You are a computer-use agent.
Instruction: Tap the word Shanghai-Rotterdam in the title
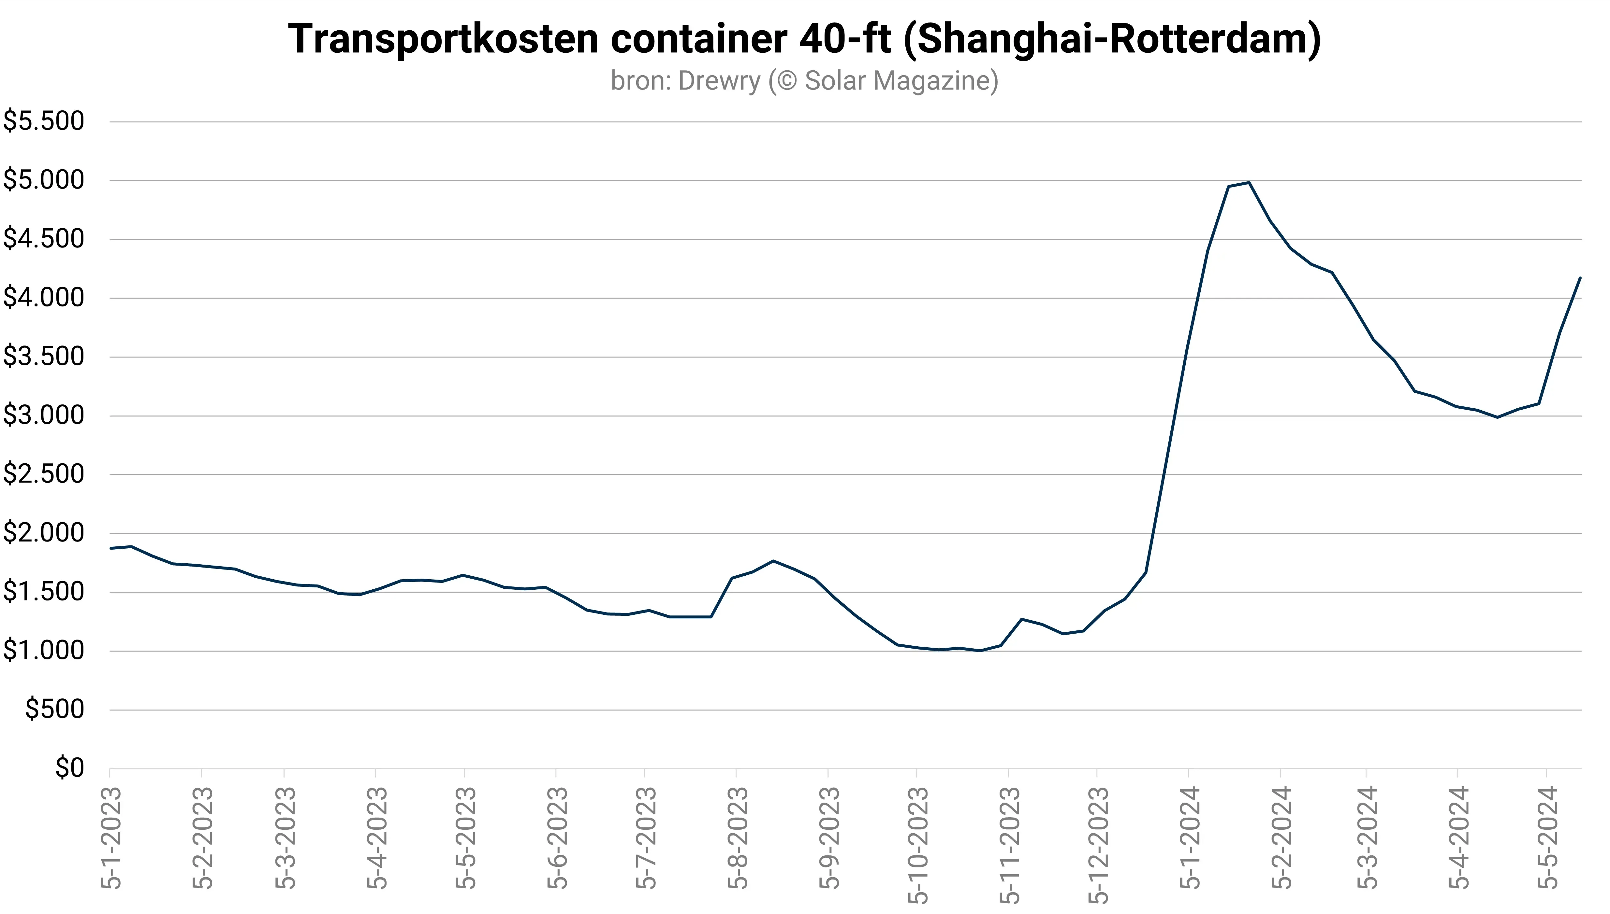tap(1112, 39)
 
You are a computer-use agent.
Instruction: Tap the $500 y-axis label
tap(54, 710)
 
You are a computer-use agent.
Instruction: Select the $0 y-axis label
tap(69, 768)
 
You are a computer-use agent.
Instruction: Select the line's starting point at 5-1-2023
tap(110, 548)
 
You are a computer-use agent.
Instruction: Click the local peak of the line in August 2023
tap(773, 561)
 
